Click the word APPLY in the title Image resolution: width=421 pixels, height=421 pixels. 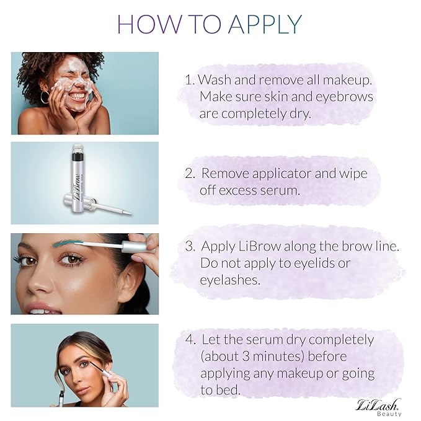point(265,24)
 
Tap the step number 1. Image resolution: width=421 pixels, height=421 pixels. point(189,80)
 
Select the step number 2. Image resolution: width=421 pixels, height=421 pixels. point(190,174)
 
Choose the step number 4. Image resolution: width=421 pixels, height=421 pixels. point(190,340)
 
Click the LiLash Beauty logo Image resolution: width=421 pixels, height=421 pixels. point(378,407)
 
